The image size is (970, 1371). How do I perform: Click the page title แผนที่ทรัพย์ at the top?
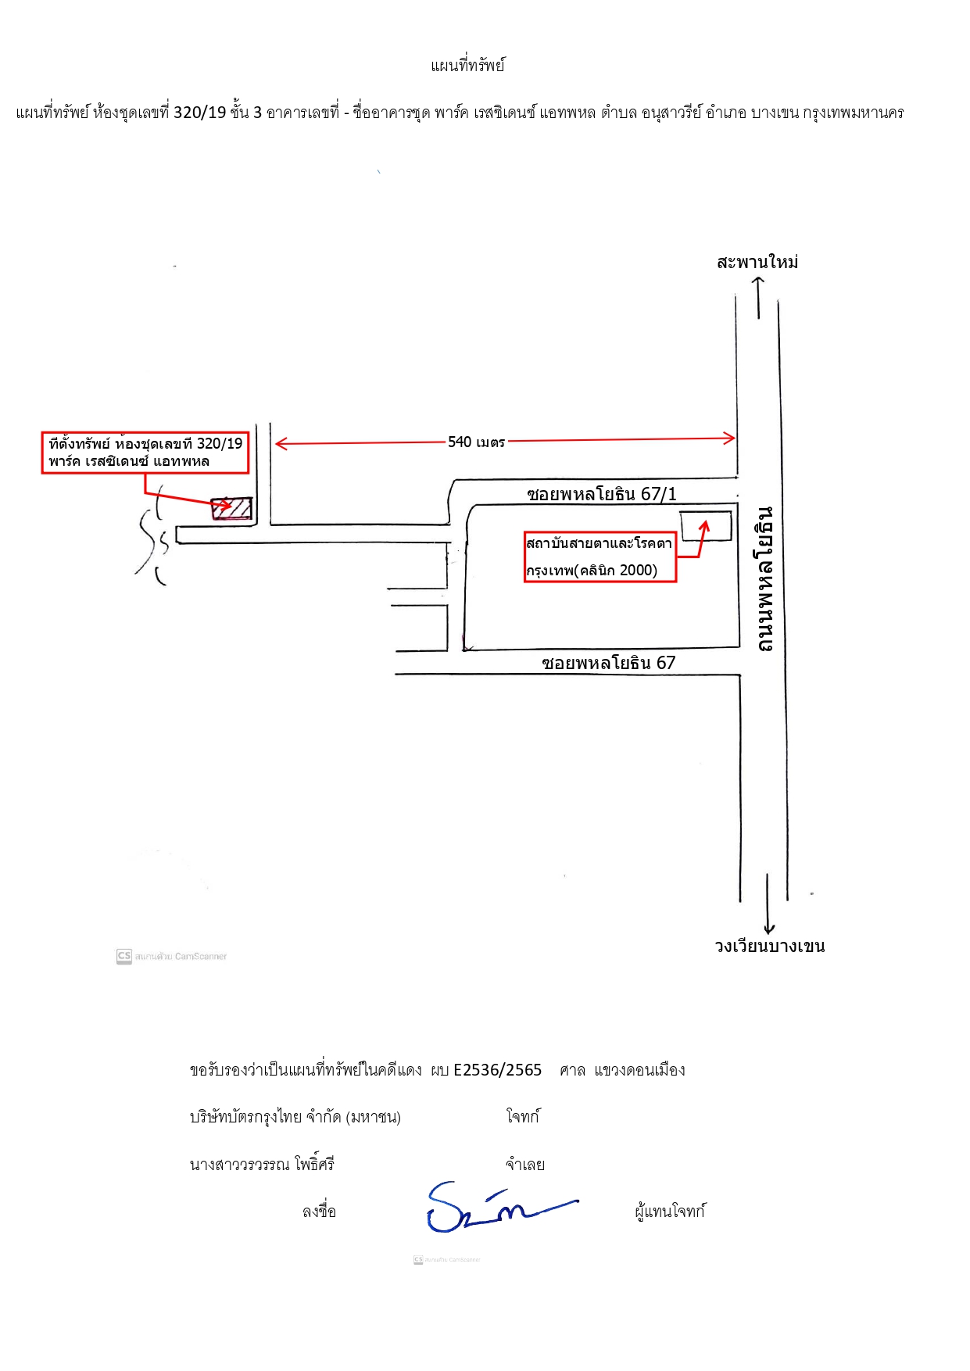pyautogui.click(x=467, y=66)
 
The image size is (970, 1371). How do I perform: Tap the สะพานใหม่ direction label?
pyautogui.click(x=757, y=262)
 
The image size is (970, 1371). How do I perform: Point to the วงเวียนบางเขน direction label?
pyautogui.click(x=770, y=946)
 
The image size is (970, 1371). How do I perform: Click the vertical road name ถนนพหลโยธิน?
pyautogui.click(x=765, y=578)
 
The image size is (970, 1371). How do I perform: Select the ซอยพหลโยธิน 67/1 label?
pyautogui.click(x=602, y=494)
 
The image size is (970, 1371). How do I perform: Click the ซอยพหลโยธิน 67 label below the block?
pyautogui.click(x=609, y=663)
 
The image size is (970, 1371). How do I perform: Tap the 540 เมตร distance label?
pyautogui.click(x=476, y=442)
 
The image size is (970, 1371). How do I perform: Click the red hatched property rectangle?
pyautogui.click(x=232, y=508)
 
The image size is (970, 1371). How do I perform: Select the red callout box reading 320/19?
pyautogui.click(x=145, y=453)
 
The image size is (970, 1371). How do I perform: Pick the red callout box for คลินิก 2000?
pyautogui.click(x=600, y=557)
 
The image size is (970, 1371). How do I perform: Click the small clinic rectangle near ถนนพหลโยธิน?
pyautogui.click(x=706, y=525)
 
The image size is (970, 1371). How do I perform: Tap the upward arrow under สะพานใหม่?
pyautogui.click(x=759, y=298)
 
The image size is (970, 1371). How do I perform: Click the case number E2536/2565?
pyautogui.click(x=498, y=1070)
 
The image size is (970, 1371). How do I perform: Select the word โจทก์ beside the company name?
pyautogui.click(x=523, y=1116)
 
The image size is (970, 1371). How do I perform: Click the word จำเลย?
pyautogui.click(x=524, y=1165)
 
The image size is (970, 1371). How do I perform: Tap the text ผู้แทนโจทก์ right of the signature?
pyautogui.click(x=670, y=1212)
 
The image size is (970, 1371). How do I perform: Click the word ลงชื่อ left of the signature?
pyautogui.click(x=319, y=1212)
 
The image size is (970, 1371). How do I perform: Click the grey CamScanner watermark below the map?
pyautogui.click(x=172, y=956)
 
